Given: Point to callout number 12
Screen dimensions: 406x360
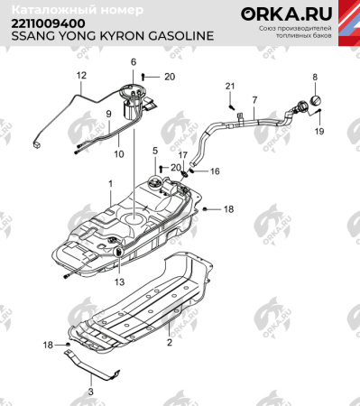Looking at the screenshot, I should (x=81, y=75).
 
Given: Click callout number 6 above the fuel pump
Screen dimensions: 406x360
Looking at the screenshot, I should (x=133, y=61).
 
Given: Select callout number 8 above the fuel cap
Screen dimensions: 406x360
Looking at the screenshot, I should (x=315, y=78).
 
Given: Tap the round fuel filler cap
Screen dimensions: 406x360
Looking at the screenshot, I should (x=316, y=100).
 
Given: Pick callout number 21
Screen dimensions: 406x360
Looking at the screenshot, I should (x=229, y=86).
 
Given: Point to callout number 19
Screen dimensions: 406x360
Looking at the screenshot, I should (x=318, y=132).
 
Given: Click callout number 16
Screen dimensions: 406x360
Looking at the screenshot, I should (x=216, y=170).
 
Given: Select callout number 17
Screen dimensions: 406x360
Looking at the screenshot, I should (x=182, y=155).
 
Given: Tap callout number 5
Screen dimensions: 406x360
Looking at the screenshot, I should (x=154, y=150).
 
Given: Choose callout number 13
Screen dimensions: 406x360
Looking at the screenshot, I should (x=117, y=281).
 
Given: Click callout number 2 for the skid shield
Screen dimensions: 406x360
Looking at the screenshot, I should (x=168, y=343).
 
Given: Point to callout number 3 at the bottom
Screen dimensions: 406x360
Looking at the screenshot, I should (x=90, y=392).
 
